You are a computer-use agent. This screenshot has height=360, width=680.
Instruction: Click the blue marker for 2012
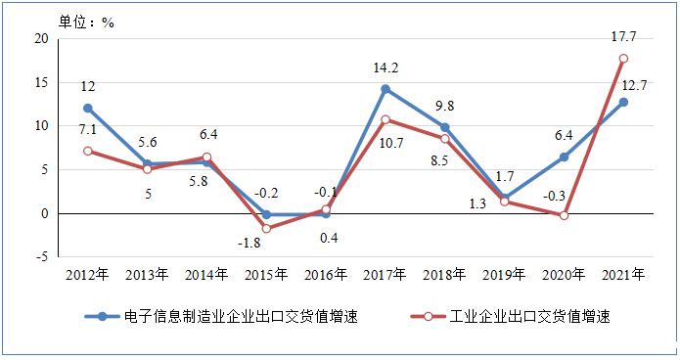pos(88,109)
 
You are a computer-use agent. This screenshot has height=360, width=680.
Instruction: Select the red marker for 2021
pos(623,59)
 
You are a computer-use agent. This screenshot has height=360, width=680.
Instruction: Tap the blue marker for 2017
pos(385,89)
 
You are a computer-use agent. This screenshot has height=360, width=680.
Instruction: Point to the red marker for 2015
pos(266,229)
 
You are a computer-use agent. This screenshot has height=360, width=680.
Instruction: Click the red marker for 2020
pos(564,215)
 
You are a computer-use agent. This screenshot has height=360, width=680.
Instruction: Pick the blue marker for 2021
pos(623,102)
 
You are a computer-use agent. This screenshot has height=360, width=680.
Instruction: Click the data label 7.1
pos(87,130)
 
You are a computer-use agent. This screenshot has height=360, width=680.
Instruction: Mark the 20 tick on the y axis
pos(41,38)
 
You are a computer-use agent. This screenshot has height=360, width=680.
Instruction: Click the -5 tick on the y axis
pos(42,256)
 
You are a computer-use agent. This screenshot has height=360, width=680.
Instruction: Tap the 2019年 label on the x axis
pos(504,274)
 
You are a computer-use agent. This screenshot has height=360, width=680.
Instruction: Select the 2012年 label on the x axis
pos(88,274)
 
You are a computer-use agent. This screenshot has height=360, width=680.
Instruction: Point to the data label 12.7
pos(640,84)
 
